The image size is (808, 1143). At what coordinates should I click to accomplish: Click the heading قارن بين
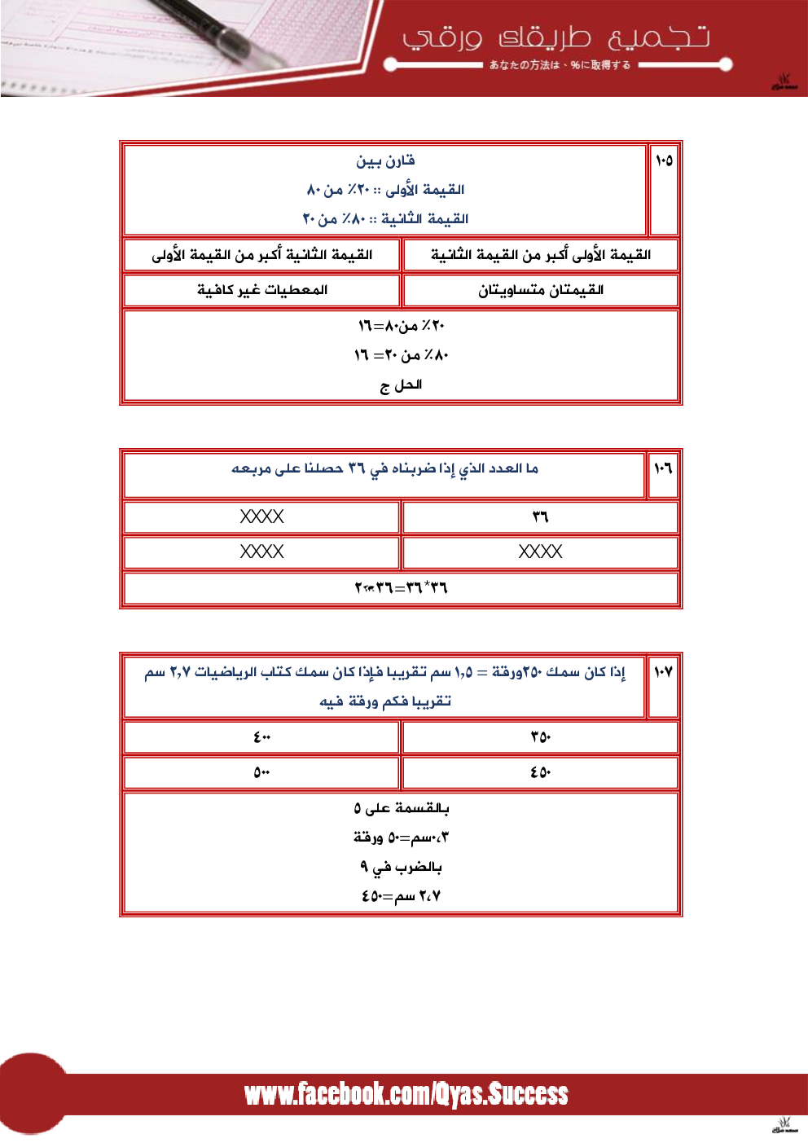tap(385, 160)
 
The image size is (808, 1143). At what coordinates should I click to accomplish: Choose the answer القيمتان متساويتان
tap(541, 290)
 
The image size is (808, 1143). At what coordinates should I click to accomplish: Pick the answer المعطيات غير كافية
tap(262, 290)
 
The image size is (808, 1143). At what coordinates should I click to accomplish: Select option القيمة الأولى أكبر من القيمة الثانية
tap(541, 255)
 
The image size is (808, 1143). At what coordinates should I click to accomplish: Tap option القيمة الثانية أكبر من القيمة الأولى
tap(262, 255)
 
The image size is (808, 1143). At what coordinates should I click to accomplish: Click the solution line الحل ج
tap(401, 385)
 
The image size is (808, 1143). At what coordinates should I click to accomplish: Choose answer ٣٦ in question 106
tap(541, 517)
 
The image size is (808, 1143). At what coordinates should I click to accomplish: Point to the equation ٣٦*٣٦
tap(401, 587)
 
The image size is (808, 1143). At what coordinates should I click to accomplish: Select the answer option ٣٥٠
tap(541, 737)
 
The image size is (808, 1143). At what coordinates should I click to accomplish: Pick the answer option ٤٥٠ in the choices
tap(541, 772)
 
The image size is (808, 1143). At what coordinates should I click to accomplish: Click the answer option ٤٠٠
tap(262, 737)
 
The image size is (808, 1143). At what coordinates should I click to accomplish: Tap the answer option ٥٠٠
tap(262, 772)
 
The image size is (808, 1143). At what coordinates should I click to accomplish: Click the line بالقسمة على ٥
tap(401, 808)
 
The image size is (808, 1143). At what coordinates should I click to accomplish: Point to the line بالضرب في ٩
tap(401, 867)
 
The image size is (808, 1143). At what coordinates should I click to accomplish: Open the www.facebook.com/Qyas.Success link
tap(406, 1094)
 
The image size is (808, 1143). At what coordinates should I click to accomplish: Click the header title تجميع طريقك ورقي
tap(556, 37)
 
